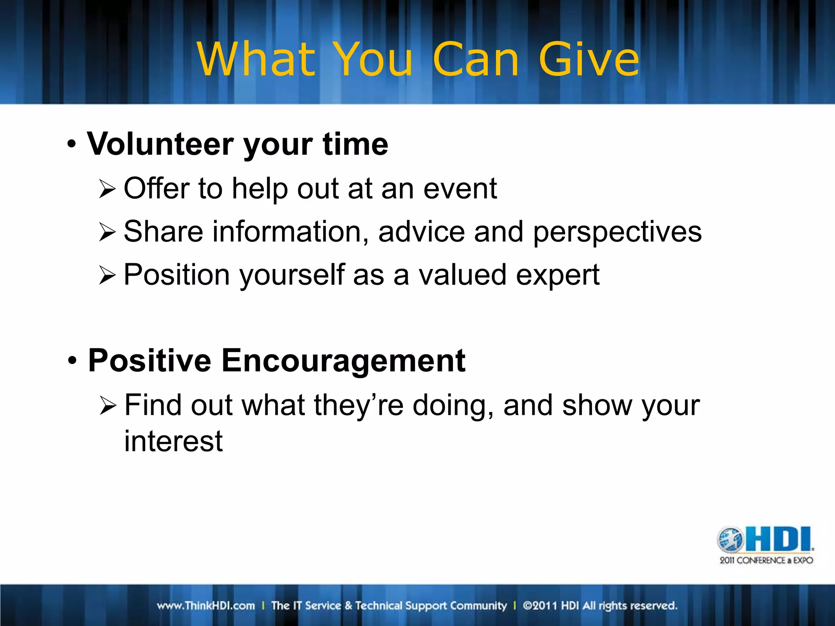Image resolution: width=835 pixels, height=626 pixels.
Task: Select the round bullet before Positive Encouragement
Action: pos(72,361)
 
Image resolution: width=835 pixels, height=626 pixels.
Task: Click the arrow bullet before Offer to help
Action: pos(107,190)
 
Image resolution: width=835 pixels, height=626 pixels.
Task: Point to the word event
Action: pos(460,189)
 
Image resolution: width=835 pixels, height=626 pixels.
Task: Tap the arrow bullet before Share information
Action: pos(107,233)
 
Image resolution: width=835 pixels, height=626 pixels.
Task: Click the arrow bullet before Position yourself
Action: pos(107,276)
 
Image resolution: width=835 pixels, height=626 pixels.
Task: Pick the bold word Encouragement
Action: pos(343,361)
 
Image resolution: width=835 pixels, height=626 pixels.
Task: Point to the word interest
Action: pos(173,441)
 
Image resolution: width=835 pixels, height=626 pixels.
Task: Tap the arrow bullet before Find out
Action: pos(108,406)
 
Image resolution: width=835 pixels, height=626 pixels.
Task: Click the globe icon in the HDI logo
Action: pos(731,540)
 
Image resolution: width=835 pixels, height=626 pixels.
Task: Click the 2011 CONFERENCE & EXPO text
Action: pos(766,560)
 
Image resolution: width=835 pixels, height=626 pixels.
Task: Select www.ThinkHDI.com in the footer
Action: pos(206,606)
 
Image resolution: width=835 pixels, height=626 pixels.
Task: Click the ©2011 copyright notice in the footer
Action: pos(600,606)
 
